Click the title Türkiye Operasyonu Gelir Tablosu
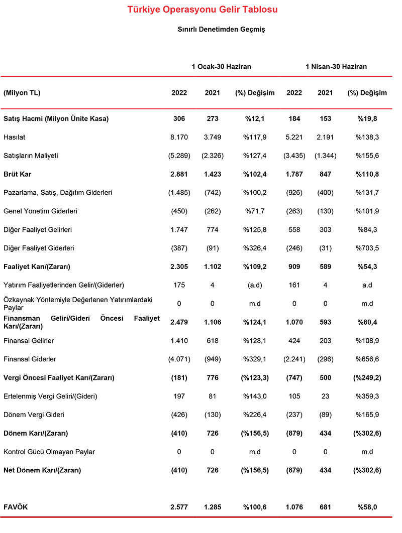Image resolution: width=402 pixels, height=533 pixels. pos(202,10)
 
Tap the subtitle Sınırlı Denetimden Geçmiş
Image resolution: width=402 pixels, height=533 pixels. pos(221,30)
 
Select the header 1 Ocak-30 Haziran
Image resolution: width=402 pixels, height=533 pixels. pos(221,66)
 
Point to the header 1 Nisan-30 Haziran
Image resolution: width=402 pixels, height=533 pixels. pos(336,66)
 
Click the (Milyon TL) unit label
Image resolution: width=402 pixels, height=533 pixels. pos(22,93)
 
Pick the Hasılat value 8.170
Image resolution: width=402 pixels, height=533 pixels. pos(179,137)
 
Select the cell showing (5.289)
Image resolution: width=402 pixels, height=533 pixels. pos(179,156)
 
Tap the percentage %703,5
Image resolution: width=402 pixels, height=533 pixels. pos(367,247)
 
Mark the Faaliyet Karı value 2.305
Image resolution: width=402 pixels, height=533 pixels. pos(179,266)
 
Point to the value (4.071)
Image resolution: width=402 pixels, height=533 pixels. pos(179,359)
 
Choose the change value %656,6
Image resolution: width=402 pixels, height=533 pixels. pos(367,359)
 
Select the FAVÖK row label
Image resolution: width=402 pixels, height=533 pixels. pos(16,507)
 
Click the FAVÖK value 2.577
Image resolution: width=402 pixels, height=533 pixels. pos(179,507)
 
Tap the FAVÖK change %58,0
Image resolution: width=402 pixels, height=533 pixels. pos(367,507)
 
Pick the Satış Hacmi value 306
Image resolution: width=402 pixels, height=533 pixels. pos(179,119)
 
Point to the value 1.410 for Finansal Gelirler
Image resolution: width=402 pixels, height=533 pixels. pos(179,341)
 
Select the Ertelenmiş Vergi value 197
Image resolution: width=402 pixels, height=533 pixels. pos(179,396)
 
